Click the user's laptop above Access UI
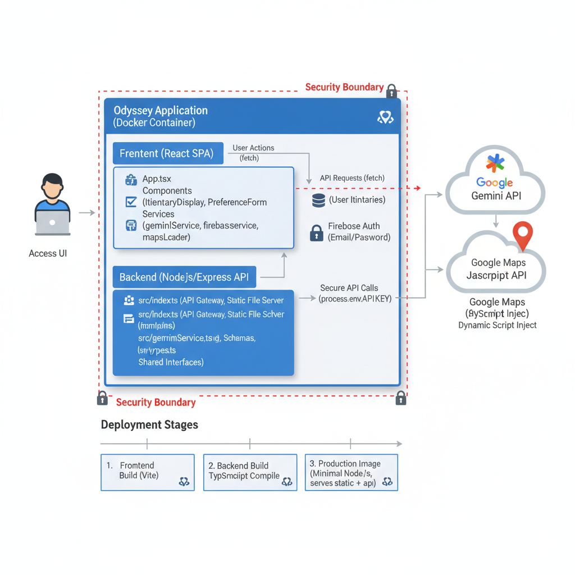click(53, 222)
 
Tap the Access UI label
click(48, 253)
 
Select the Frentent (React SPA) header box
click(167, 153)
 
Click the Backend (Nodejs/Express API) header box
click(184, 277)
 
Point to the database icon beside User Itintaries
click(318, 200)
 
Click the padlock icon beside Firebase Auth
click(317, 232)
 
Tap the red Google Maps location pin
click(522, 235)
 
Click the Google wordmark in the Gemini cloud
click(494, 182)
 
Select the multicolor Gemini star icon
click(495, 163)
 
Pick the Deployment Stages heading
click(149, 425)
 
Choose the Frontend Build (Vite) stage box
click(147, 472)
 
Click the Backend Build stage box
click(250, 472)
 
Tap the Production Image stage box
click(351, 472)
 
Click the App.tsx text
click(157, 179)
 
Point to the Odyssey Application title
click(161, 111)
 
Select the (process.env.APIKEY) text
click(355, 299)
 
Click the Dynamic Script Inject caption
click(497, 325)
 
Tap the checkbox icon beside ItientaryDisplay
click(131, 202)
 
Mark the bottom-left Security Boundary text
click(156, 402)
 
